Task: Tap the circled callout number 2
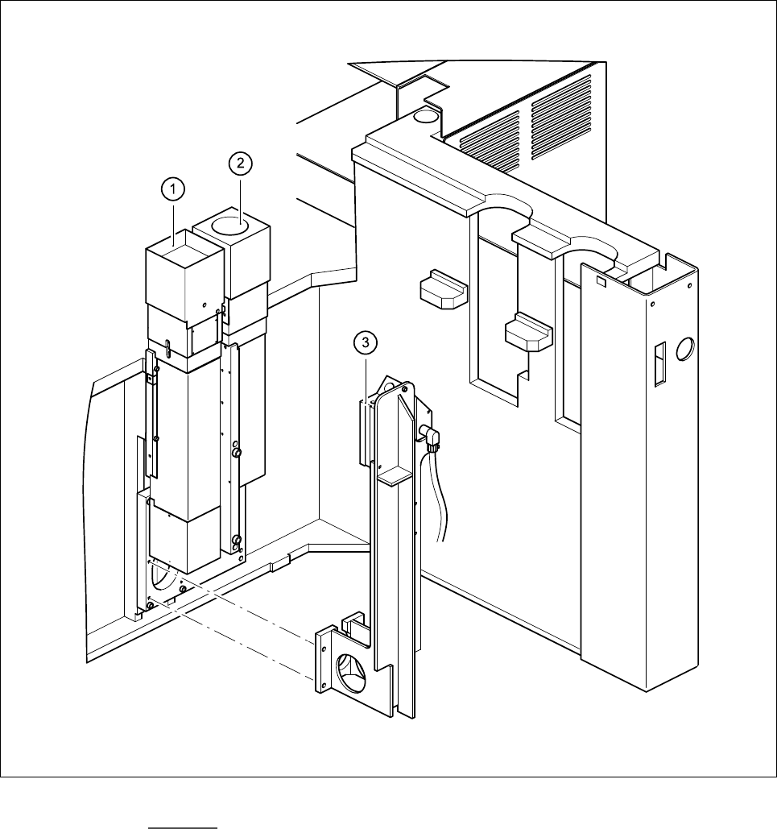tap(239, 164)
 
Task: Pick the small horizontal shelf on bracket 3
tap(395, 477)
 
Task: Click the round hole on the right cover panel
tap(685, 349)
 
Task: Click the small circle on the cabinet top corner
tap(424, 116)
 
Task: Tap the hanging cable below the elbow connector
tap(441, 499)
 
